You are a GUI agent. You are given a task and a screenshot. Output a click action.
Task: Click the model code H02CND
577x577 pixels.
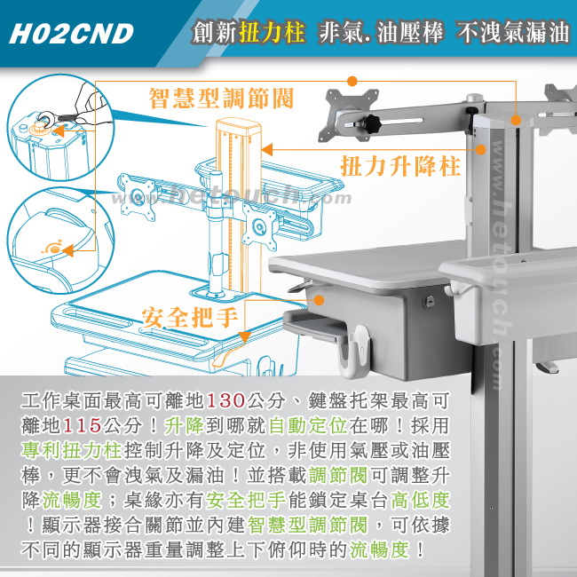pyautogui.click(x=71, y=34)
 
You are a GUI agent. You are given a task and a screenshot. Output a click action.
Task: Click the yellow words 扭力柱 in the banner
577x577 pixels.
pyautogui.click(x=272, y=32)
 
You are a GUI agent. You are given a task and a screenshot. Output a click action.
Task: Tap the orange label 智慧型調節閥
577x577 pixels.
pyautogui.click(x=221, y=99)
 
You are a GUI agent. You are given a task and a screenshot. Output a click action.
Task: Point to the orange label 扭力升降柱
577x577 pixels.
pyautogui.click(x=400, y=166)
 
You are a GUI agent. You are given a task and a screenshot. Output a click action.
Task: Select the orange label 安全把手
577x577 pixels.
pyautogui.click(x=190, y=317)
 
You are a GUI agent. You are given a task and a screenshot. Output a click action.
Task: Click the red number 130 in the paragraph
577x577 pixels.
pyautogui.click(x=225, y=400)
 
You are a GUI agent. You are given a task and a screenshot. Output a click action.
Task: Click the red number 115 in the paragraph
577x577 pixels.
pyautogui.click(x=82, y=425)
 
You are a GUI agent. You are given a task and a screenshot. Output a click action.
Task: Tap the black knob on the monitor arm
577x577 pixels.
pyautogui.click(x=372, y=122)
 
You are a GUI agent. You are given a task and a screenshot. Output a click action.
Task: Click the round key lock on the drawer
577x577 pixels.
pyautogui.click(x=429, y=302)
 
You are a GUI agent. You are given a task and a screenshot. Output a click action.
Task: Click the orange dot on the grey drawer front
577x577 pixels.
pyautogui.click(x=320, y=300)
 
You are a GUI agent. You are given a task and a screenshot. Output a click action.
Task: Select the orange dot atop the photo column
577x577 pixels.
pyautogui.click(x=516, y=120)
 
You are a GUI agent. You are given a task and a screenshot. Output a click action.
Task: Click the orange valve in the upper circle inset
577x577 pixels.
pyautogui.click(x=39, y=128)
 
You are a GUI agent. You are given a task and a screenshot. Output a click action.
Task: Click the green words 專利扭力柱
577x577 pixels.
pyautogui.click(x=71, y=450)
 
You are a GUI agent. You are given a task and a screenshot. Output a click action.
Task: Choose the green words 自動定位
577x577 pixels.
pyautogui.click(x=308, y=425)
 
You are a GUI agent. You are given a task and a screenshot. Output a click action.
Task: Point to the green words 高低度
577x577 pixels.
pyautogui.click(x=420, y=500)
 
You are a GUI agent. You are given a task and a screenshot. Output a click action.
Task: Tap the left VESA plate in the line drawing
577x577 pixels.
pyautogui.click(x=137, y=197)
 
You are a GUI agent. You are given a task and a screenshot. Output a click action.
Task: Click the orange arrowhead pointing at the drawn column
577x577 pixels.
pyautogui.click(x=267, y=149)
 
